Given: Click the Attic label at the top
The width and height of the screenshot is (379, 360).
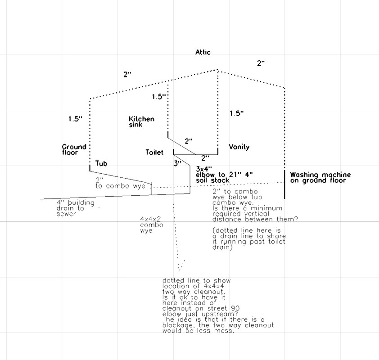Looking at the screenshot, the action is pos(203,52).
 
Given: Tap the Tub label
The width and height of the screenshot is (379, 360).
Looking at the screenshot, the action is pos(101,164).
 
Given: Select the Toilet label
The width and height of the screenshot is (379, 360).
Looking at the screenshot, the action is pos(154,153).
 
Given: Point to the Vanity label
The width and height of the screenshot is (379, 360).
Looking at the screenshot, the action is pos(239,147).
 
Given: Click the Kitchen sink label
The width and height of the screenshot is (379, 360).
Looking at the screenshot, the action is pos(141,122).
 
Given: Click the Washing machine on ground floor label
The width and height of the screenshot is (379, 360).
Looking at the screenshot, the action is pos(320,178).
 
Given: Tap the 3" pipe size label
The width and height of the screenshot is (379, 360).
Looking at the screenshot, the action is pos(177,164).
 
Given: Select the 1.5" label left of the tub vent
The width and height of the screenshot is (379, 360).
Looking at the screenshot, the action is pos(76,119).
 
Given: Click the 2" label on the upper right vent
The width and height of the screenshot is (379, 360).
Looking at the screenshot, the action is pos(261,63).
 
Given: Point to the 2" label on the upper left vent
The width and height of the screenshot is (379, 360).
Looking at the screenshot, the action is pos(128,74).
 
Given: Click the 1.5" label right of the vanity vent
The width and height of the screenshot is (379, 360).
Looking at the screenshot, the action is pos(236,113).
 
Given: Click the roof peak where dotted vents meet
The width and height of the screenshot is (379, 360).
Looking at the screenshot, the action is pos(218,70).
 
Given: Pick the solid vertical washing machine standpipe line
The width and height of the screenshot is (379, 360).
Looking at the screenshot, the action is pos(284,184).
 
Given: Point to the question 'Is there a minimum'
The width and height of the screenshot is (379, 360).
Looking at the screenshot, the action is pos(247,208).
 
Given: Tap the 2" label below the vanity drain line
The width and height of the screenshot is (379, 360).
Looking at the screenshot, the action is pos(205,158).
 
